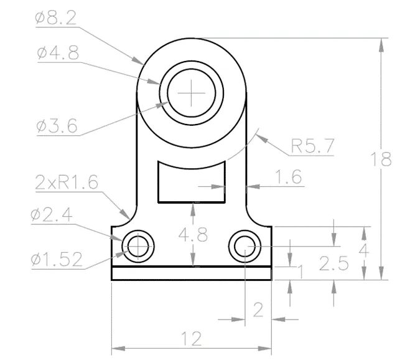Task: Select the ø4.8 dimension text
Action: point(57,54)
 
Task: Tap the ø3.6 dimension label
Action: point(57,126)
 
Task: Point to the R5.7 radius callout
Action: point(312,146)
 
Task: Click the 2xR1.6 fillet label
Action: point(67,182)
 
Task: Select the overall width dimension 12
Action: point(191,339)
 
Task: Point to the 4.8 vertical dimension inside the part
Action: point(193,235)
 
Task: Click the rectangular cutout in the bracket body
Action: point(191,181)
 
